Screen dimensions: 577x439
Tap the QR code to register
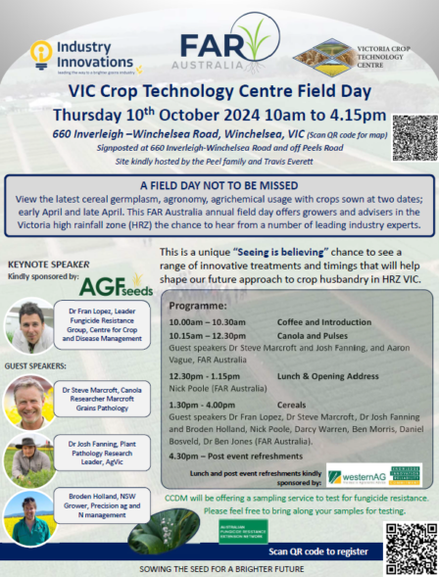click(409, 547)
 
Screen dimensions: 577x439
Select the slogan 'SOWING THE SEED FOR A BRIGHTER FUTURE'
click(219, 568)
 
